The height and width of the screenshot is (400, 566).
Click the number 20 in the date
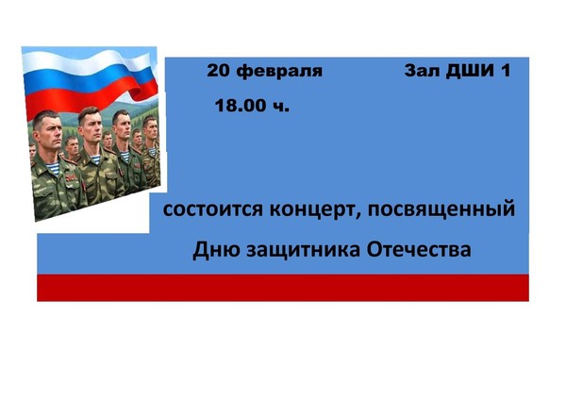[219, 71]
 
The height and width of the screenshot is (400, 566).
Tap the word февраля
[279, 72]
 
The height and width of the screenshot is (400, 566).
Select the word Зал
[421, 71]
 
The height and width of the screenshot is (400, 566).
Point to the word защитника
[300, 252]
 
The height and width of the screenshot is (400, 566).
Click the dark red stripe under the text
[283, 287]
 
